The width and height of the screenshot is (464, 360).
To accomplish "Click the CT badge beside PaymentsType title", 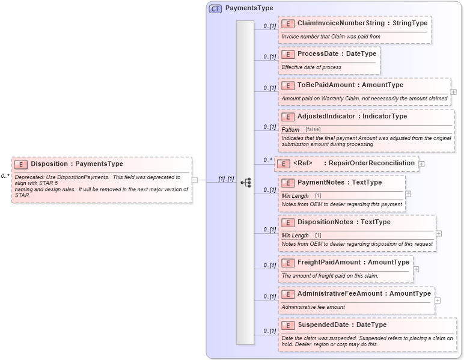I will pos(215,8).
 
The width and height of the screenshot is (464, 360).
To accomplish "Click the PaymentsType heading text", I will pos(249,8).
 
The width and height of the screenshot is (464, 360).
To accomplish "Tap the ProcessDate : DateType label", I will pos(337,54).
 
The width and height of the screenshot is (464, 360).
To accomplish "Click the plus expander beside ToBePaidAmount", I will pos(453,92).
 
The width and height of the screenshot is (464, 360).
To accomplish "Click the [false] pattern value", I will pos(313,129).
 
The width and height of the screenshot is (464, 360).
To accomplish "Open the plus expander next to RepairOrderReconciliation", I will pos(421,163).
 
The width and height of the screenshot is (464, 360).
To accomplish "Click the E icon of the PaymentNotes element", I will pos(288,183).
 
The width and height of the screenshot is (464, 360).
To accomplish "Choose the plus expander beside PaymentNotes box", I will pos(408,194).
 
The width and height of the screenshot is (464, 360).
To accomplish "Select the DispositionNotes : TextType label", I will pos(344,222).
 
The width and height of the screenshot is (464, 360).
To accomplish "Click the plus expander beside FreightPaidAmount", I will pos(416,269).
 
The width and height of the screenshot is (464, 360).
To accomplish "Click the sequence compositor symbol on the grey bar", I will pos(245,182).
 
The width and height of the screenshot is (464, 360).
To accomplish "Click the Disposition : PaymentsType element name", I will pos(77,164).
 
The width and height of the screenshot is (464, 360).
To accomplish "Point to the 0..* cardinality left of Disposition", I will pos(5,176).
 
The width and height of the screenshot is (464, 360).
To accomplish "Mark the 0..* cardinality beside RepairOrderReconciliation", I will pos(267,160).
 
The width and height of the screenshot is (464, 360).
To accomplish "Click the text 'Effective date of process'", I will pos(311,67).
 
